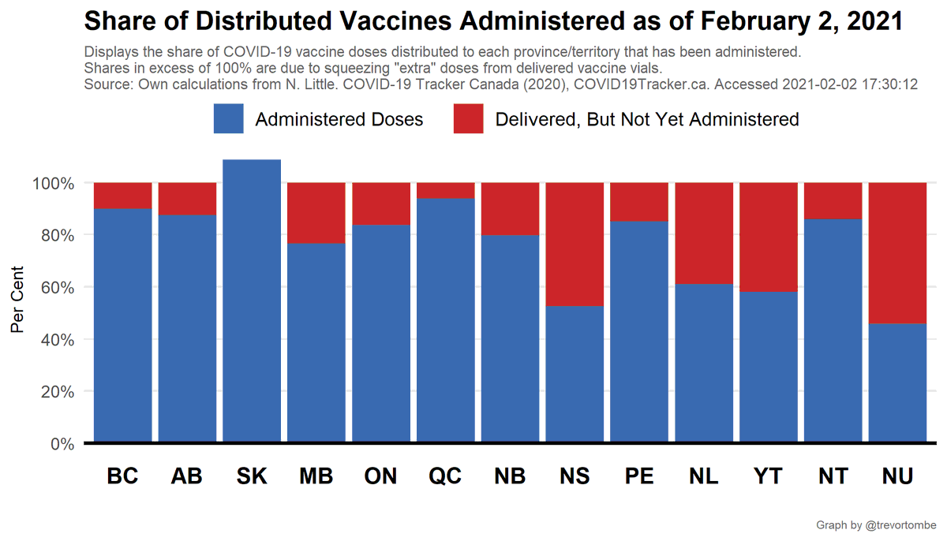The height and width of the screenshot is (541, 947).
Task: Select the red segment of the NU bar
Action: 897,252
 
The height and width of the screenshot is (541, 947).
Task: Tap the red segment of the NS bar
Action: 575,244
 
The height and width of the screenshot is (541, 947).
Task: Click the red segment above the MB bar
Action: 316,212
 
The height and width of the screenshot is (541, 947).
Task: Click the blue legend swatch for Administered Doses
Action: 228,119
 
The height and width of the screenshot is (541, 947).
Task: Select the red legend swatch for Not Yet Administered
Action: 468,119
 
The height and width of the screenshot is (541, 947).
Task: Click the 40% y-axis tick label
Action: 56,340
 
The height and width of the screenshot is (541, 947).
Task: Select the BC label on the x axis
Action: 122,477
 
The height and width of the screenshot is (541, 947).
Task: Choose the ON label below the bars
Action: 381,477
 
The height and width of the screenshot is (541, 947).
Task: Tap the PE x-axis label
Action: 639,477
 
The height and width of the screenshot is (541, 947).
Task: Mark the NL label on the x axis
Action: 704,477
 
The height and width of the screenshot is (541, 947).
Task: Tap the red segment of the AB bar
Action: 187,199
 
